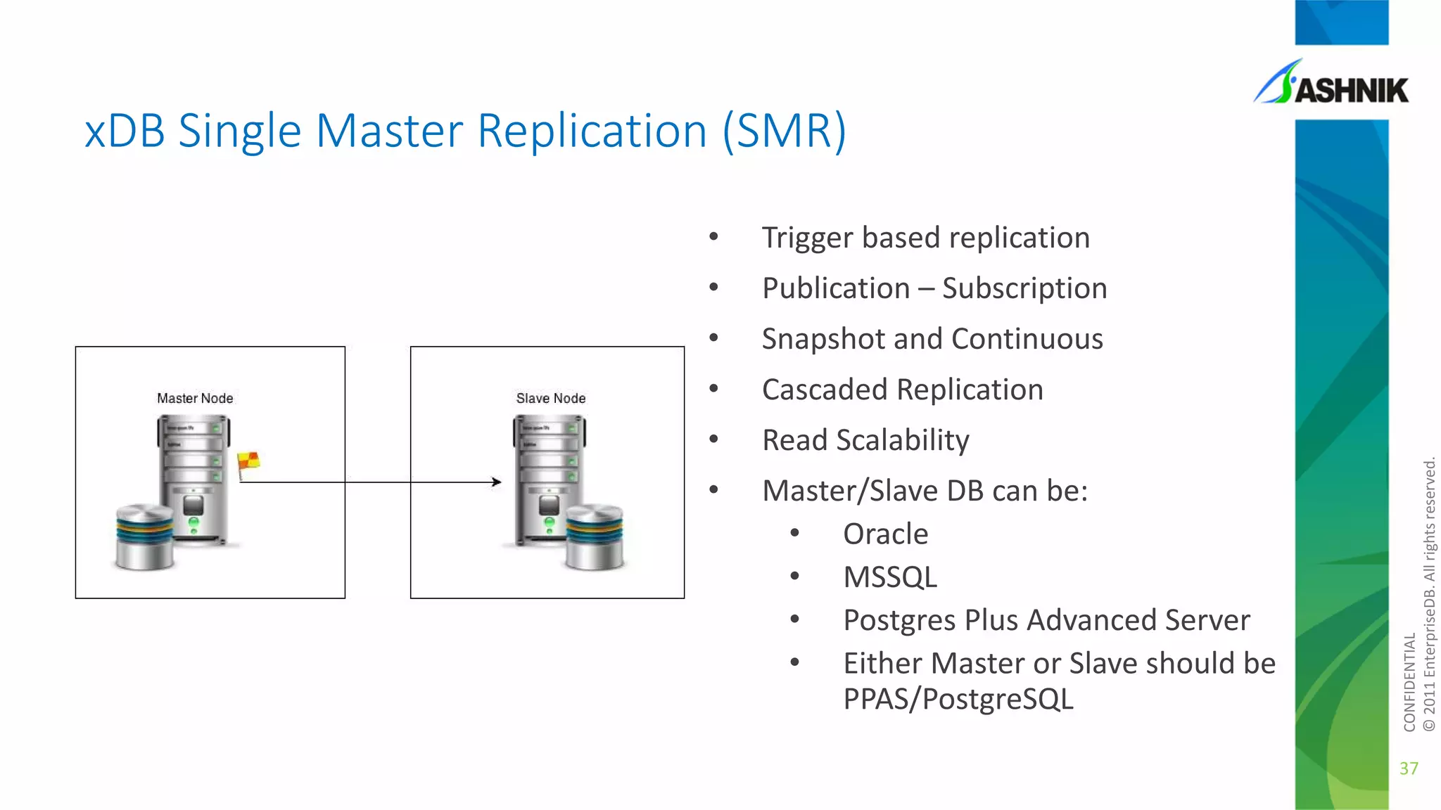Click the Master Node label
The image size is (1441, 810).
(195, 398)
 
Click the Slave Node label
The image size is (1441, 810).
(550, 398)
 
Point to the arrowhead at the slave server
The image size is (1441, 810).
(497, 482)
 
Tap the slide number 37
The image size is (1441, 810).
(1409, 769)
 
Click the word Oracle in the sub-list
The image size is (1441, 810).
(885, 534)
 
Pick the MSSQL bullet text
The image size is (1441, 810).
(890, 577)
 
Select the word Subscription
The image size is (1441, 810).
(1024, 289)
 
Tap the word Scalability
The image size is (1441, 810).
(903, 441)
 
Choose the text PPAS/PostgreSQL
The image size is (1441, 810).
(958, 700)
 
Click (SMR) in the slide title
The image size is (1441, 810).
(785, 131)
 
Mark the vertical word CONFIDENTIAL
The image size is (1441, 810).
(1409, 682)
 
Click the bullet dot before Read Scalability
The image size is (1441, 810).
(713, 439)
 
